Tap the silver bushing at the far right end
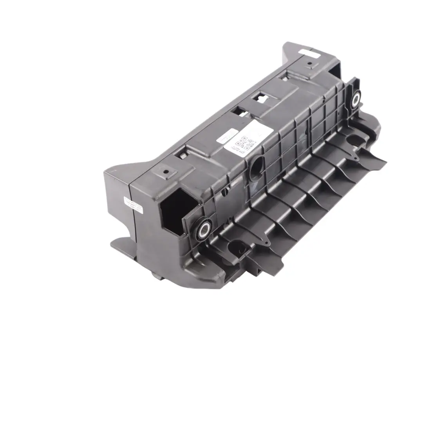[x=356, y=98]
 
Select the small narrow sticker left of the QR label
[x=224, y=137]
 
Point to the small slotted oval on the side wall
[x=226, y=192]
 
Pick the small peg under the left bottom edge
[x=156, y=276]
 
